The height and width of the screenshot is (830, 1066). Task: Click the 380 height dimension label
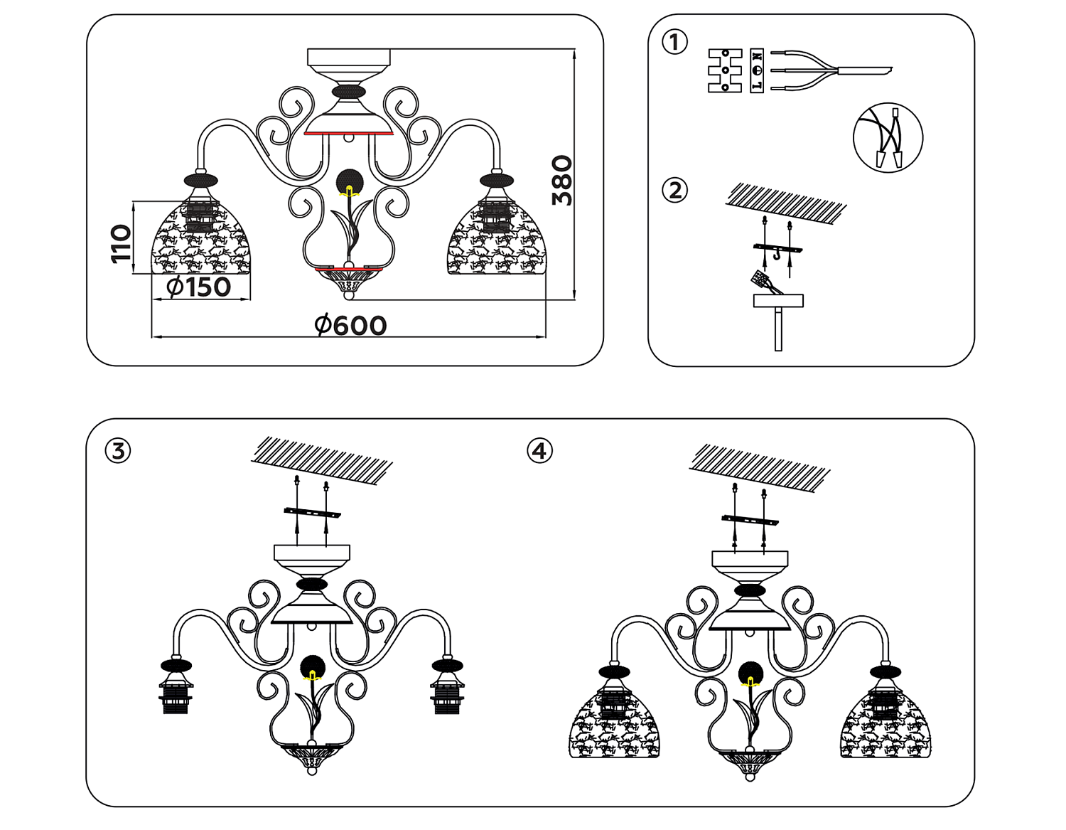[x=561, y=181]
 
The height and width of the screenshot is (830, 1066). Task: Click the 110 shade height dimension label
[x=122, y=243]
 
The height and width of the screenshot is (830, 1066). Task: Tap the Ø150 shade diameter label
[x=198, y=287]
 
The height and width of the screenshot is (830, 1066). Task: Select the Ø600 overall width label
[x=350, y=326]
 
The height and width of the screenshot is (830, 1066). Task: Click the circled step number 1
[x=674, y=43]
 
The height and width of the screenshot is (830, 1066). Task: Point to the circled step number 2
[x=674, y=191]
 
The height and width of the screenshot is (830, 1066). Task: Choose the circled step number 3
[x=118, y=451]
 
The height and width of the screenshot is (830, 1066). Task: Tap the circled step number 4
[x=539, y=451]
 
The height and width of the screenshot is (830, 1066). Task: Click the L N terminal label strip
[x=757, y=71]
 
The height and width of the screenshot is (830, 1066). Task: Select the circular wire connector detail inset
[x=888, y=139]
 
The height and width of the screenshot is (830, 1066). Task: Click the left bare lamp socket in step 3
[x=176, y=688]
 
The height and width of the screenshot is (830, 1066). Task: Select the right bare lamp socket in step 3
[x=447, y=688]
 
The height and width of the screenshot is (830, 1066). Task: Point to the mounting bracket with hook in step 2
[x=777, y=249]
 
